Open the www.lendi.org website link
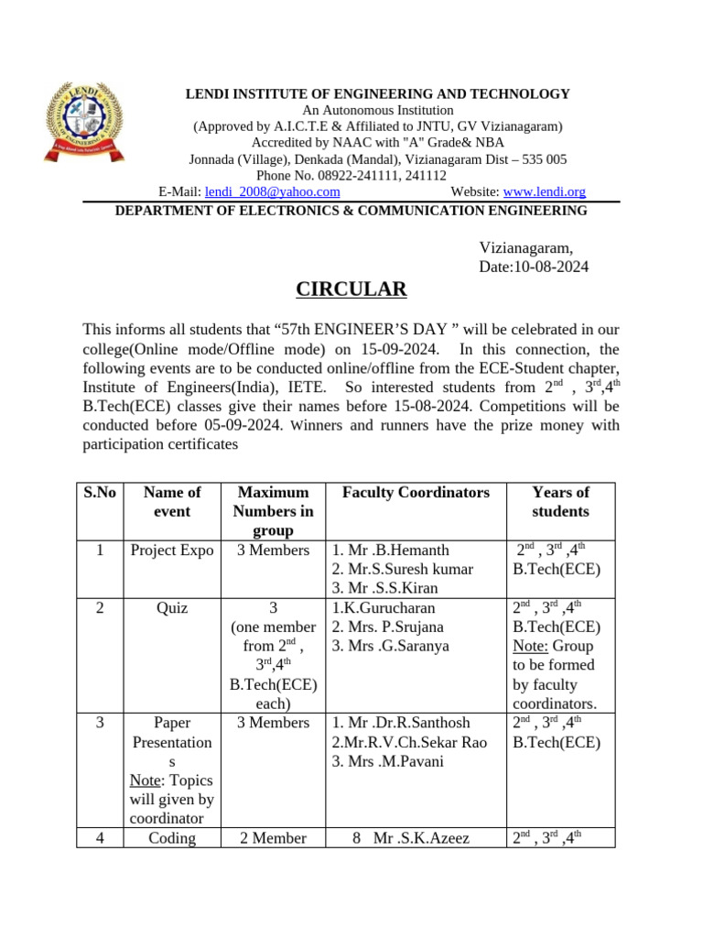coord(545,191)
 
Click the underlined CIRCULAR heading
coord(351,289)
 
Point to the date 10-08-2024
coord(549,267)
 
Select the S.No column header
coord(100,493)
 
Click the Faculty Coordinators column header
coord(416,493)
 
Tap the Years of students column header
coord(560,502)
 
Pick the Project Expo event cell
coord(172,551)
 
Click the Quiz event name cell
coord(172,607)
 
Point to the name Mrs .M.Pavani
coord(391,761)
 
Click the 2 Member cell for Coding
coord(273,838)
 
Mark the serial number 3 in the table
coord(100,723)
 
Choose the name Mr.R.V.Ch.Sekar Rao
coord(409,742)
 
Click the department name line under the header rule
coord(351,211)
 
